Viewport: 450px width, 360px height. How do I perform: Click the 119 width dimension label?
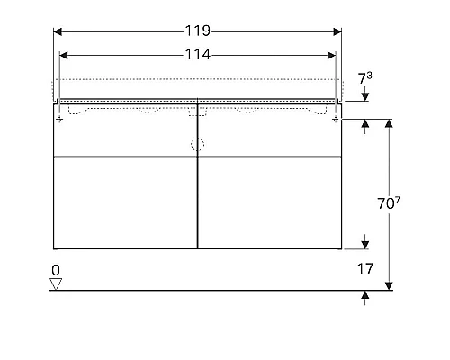[x=197, y=31]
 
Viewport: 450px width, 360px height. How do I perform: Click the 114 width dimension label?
[x=197, y=54]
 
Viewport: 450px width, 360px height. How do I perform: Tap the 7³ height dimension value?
[x=365, y=79]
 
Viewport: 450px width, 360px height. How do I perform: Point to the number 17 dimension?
[x=365, y=267]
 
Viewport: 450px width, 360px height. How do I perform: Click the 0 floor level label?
[x=56, y=269]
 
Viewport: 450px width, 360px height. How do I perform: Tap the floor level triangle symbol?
[x=56, y=283]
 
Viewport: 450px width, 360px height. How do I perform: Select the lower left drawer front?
[x=124, y=202]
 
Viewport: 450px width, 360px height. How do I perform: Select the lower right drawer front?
[x=269, y=202]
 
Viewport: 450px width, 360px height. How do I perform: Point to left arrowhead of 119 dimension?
[x=58, y=31]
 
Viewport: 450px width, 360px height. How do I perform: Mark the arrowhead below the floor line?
[x=365, y=295]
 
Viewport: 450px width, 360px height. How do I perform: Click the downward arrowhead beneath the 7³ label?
[x=365, y=97]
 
